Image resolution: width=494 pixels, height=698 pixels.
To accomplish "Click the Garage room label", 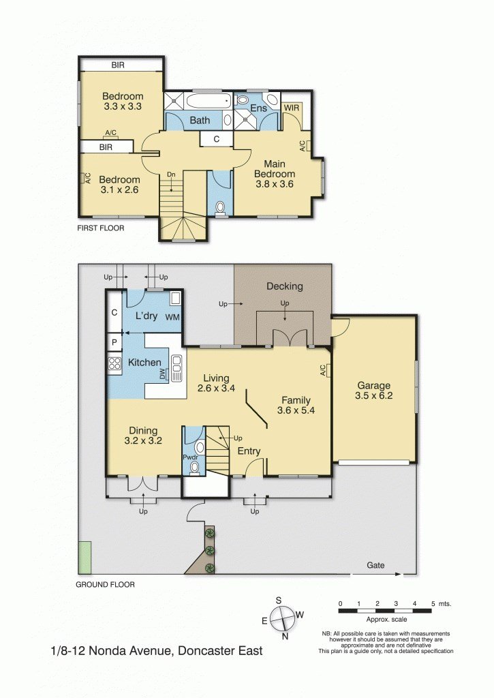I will (x=373, y=385).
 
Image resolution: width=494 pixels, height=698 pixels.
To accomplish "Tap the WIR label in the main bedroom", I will (x=292, y=108).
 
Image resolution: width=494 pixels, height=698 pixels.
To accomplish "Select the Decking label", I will (x=284, y=286).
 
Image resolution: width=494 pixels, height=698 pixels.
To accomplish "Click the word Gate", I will (x=376, y=566).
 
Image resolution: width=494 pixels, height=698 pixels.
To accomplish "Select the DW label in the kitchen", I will (x=162, y=374).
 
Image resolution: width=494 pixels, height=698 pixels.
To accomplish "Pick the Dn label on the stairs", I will (x=172, y=174).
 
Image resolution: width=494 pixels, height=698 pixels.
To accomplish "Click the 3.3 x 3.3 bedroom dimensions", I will (x=123, y=106).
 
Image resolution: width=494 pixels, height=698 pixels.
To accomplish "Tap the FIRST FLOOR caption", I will (x=100, y=228).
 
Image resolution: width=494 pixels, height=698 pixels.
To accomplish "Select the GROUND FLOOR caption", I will (x=105, y=584).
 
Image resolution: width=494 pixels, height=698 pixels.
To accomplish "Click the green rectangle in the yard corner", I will (x=85, y=557).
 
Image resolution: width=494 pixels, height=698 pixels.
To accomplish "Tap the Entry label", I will (x=248, y=451).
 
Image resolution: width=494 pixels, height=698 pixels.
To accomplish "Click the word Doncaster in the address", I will (x=205, y=651).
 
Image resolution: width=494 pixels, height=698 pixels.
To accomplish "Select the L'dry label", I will (x=146, y=316).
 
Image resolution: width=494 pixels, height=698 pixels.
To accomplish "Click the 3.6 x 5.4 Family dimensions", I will (x=294, y=410).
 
